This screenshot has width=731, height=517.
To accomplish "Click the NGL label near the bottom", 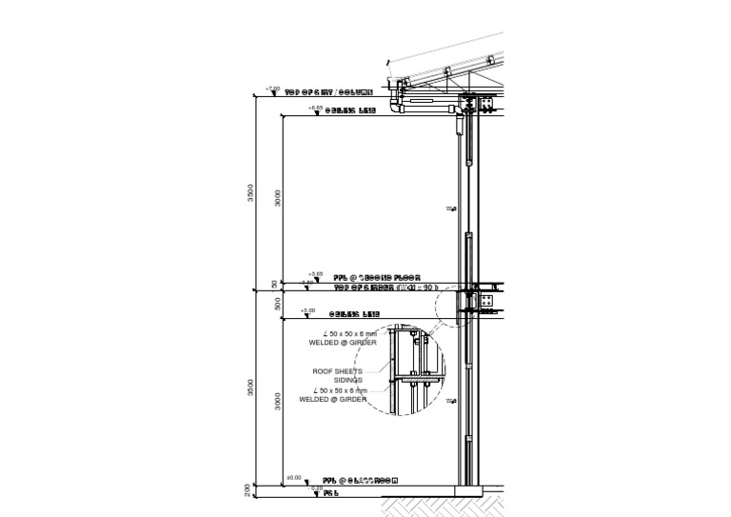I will pos(330,493).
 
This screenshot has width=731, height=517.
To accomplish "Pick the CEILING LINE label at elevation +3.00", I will pos(354,314).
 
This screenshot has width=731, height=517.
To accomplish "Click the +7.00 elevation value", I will pos(272,89).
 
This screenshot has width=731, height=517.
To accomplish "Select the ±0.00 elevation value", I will pos(293,478).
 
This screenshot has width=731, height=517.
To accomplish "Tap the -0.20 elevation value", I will pos(304,487).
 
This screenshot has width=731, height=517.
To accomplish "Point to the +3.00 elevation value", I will pos(306,310).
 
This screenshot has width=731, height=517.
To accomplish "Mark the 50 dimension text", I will pos(275,284).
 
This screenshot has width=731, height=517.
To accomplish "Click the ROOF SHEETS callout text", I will pos(338,371).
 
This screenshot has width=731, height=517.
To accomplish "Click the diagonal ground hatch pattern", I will pos(438,506).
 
